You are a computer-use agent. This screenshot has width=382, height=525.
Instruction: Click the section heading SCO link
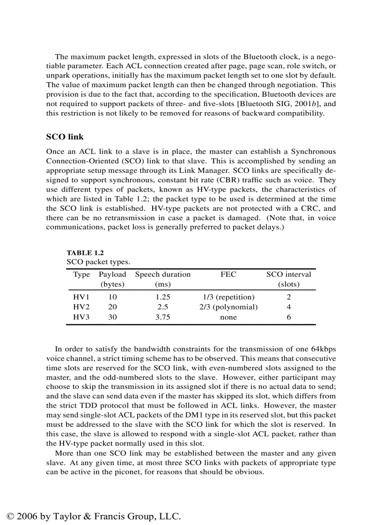[x=65, y=137]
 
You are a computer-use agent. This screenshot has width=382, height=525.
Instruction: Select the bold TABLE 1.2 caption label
[x=85, y=253]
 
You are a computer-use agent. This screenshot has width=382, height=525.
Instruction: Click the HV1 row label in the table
[x=81, y=297]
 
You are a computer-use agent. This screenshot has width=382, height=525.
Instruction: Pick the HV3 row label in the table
[x=81, y=317]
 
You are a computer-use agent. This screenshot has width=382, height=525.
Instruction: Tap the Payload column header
[x=112, y=274]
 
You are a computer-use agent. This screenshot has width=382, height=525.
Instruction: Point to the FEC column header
[x=228, y=274]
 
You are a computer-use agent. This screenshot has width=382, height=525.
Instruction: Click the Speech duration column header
[x=162, y=274]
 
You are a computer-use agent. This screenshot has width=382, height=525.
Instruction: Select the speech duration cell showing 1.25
[x=162, y=297]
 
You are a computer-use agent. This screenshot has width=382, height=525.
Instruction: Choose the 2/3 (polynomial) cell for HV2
[x=228, y=307]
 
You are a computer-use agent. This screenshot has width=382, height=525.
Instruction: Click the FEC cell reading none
[x=228, y=317]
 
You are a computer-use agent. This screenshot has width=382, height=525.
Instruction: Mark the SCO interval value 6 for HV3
[x=289, y=317]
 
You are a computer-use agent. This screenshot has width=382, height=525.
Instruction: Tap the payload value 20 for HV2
[x=112, y=307]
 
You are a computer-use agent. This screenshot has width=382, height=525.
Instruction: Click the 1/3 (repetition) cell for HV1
[x=228, y=297]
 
